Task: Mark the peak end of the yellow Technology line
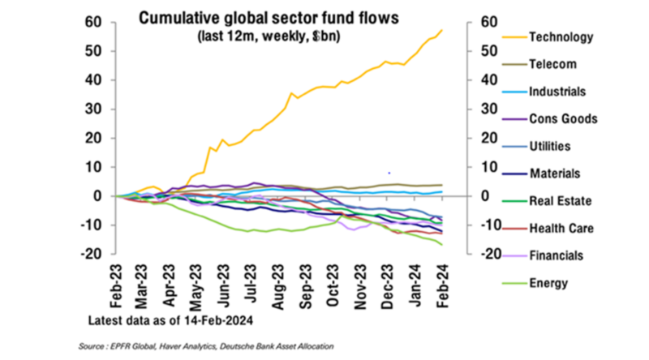pyautogui.click(x=442, y=30)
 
